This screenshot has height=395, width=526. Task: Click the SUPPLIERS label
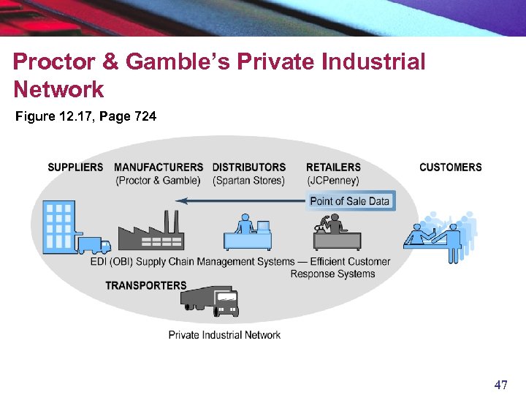pyautogui.click(x=75, y=168)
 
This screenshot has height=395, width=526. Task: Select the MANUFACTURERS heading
pyautogui.click(x=159, y=168)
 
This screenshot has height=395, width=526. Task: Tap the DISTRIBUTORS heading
pyautogui.click(x=249, y=168)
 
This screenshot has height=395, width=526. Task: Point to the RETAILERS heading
pyautogui.click(x=333, y=168)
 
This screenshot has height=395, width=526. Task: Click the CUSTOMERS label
pyautogui.click(x=450, y=168)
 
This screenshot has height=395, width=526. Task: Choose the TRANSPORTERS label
pyautogui.click(x=146, y=285)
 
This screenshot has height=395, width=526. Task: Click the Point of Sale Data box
pyautogui.click(x=350, y=201)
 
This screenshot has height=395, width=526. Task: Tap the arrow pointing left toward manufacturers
pyautogui.click(x=241, y=201)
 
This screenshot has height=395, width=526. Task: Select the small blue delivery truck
pyautogui.click(x=94, y=245)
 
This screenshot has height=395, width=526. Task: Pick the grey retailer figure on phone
pyautogui.click(x=336, y=232)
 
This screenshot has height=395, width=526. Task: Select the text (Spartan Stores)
pyautogui.click(x=248, y=181)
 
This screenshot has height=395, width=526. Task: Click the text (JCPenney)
pyautogui.click(x=333, y=181)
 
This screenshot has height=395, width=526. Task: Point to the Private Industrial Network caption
pyautogui.click(x=224, y=335)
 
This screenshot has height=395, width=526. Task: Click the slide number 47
pyautogui.click(x=500, y=385)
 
